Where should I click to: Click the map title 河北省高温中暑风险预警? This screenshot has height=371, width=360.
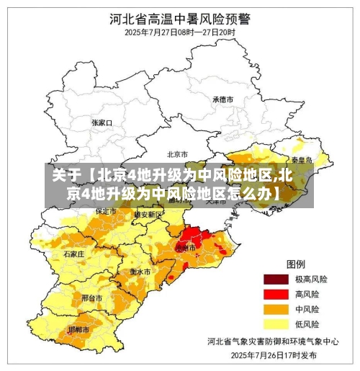[179, 17]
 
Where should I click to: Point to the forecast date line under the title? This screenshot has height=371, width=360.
[179, 32]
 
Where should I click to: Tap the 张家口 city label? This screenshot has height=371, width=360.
[103, 122]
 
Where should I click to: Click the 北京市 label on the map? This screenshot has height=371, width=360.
[177, 153]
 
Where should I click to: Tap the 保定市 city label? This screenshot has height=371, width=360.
[106, 211]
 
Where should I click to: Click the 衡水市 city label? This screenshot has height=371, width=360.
[140, 272]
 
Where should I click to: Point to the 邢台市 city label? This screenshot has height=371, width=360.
[91, 297]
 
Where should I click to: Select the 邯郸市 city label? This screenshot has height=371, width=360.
[79, 329]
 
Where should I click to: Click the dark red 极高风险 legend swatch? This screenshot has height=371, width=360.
[274, 279]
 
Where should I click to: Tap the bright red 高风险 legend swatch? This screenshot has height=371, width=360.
[274, 294]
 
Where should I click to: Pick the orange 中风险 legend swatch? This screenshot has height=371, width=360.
[274, 309]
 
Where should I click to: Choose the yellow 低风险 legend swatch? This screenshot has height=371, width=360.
[274, 324]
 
